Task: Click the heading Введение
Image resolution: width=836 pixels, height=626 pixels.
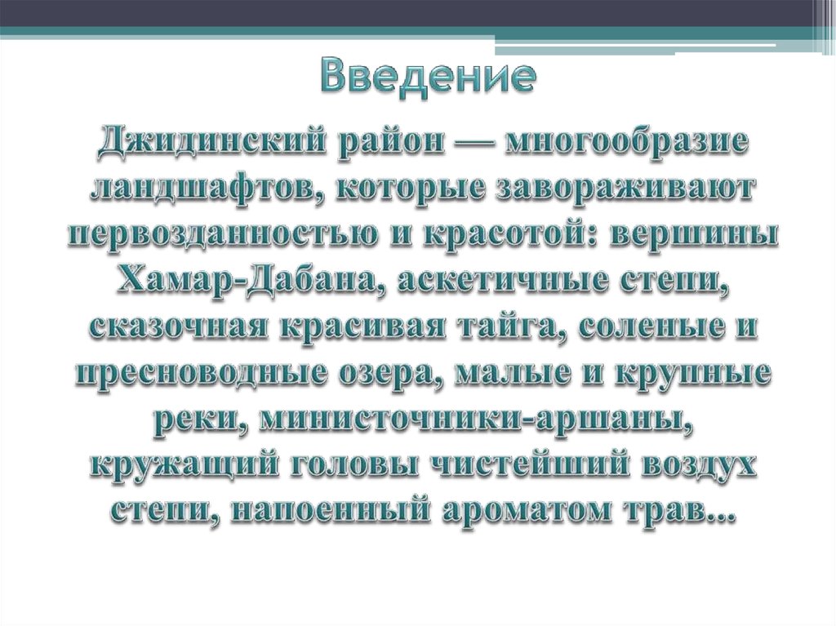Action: point(427,76)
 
